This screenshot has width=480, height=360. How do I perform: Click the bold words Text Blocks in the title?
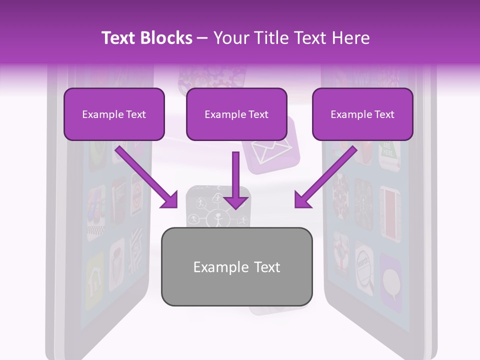pos(147,38)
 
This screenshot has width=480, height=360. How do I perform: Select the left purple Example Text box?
pos(114,114)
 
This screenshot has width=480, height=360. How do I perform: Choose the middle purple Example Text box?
pos(236,114)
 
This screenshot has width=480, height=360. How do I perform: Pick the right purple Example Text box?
pos(362,114)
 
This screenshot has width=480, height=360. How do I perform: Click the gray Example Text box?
pos(236,266)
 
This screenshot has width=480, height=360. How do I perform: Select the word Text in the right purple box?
pos(384,114)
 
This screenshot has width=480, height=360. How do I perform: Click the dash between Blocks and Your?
pos(202,38)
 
